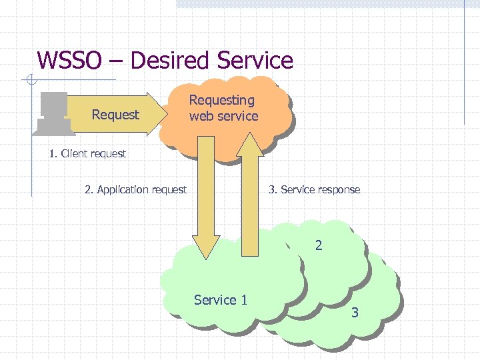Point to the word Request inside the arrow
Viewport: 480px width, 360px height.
(115, 115)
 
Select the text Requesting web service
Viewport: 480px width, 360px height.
(223, 108)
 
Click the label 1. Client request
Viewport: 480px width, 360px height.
(87, 154)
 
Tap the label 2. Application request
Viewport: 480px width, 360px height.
(135, 190)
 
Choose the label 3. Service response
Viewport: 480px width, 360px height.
(314, 190)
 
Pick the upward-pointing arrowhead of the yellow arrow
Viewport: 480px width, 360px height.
(251, 142)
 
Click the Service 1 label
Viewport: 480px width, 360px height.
(221, 300)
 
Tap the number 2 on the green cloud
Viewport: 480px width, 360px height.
(319, 245)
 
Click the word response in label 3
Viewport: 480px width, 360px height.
(338, 190)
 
